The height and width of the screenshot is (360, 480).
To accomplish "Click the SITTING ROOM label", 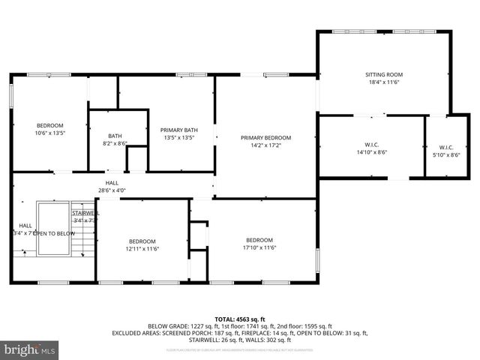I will click(384, 75).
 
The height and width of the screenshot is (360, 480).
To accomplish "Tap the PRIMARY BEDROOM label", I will click(265, 138).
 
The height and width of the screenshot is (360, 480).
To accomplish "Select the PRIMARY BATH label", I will click(179, 130).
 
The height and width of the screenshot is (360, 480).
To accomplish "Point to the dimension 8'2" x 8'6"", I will click(115, 143).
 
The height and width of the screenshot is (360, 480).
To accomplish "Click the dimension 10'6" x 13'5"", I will click(50, 133).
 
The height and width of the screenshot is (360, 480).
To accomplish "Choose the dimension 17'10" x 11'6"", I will click(260, 248).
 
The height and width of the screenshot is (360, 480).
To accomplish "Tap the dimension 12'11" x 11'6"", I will click(142, 249).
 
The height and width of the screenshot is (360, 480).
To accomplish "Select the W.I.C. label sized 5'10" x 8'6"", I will click(446, 147).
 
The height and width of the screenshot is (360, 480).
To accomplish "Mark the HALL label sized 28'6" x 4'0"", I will click(112, 182).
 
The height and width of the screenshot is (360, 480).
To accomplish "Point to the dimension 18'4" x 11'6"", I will click(384, 83).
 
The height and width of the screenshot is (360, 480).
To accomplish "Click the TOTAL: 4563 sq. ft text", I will click(240, 319).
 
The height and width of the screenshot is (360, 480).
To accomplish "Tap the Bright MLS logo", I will click(30, 349).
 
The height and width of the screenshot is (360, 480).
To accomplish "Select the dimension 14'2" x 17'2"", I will click(265, 146).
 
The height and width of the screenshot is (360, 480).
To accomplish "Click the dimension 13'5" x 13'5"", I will click(179, 138).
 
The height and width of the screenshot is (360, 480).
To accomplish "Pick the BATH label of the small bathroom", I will click(115, 136).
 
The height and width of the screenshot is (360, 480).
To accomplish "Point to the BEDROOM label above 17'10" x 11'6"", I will click(260, 240).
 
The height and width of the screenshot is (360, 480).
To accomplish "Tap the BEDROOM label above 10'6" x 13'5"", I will click(50, 125).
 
